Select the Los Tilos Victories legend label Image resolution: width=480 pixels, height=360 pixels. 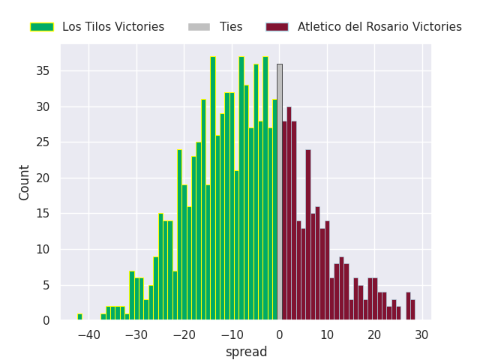point(113,27)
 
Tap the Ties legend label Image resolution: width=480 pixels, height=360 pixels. point(231,27)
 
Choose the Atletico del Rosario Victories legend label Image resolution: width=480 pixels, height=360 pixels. point(379,27)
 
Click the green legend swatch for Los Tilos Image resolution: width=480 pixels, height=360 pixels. point(42,27)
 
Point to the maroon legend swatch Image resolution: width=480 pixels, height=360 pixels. point(277,27)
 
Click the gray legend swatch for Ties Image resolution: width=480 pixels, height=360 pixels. point(199,27)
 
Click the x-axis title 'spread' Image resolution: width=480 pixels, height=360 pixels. point(246,352)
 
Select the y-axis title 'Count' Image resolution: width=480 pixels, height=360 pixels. point(25,182)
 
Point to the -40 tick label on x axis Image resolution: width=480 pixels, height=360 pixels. point(88,334)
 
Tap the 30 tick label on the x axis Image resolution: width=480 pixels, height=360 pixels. point(422,334)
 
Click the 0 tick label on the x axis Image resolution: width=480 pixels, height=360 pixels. point(280,334)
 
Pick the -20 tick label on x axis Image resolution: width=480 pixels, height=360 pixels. point(184,334)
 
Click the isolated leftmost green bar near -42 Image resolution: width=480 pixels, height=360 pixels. point(79,317)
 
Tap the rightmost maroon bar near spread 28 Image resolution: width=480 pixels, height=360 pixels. point(412,310)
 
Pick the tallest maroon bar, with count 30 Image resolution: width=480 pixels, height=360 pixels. point(289,214)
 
